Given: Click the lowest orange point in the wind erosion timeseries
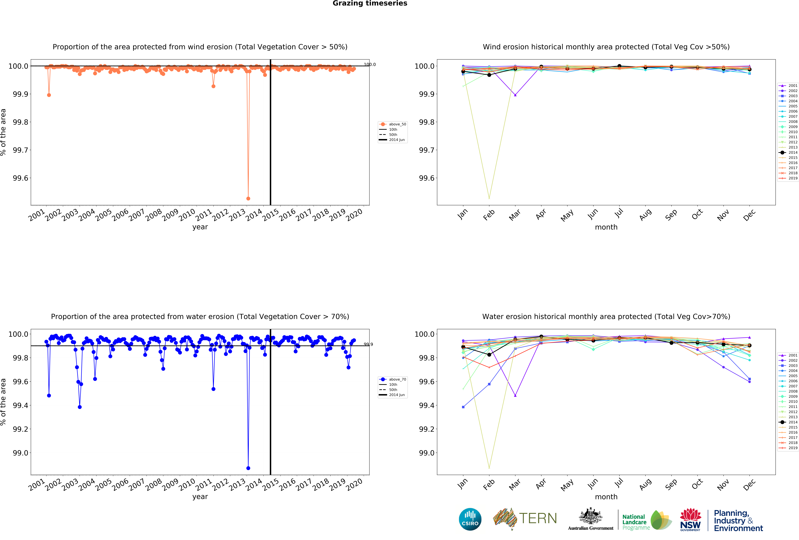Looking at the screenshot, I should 248,198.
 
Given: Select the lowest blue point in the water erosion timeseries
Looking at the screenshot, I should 248,468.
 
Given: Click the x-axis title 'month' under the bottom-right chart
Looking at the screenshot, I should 606,497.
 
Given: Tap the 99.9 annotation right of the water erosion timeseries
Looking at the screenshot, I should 368,344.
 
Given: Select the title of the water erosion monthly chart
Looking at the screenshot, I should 606,316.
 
